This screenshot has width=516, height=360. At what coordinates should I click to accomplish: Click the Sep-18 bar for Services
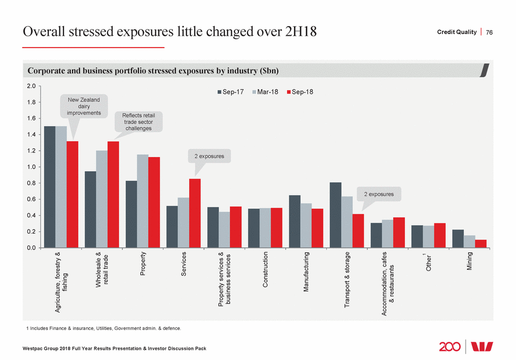(195, 213)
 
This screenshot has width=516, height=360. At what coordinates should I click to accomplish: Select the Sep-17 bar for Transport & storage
(335, 215)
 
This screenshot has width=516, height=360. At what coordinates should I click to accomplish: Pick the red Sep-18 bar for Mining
(480, 244)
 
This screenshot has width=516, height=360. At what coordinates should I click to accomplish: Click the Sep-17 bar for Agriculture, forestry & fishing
(50, 187)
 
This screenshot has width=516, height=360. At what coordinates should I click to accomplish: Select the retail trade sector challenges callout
(138, 122)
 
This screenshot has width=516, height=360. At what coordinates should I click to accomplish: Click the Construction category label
(266, 270)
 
